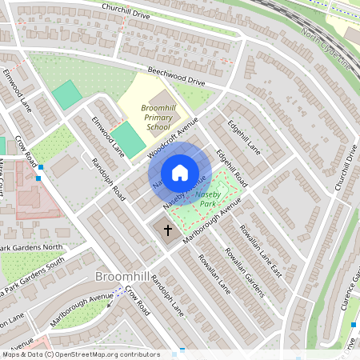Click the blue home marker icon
[180, 173]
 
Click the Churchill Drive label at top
[126, 10]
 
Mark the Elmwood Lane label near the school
[108, 137]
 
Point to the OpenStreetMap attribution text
[81, 354]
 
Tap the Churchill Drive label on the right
[345, 167]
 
